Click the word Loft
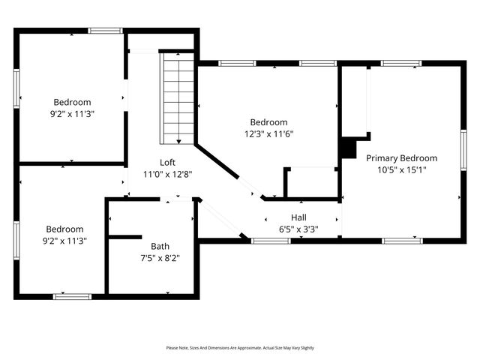(167, 162)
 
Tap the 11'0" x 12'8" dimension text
(167, 174)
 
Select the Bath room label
(160, 246)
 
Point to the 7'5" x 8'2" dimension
(160, 258)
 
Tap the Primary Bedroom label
(401, 158)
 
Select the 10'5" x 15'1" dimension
(401, 169)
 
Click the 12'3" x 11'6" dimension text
(268, 134)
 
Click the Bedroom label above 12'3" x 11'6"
(268, 122)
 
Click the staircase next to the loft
(178, 97)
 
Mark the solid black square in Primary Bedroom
(348, 148)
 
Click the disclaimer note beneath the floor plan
(240, 348)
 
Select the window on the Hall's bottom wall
(271, 241)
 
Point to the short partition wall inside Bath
(124, 237)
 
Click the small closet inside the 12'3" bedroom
(311, 182)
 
